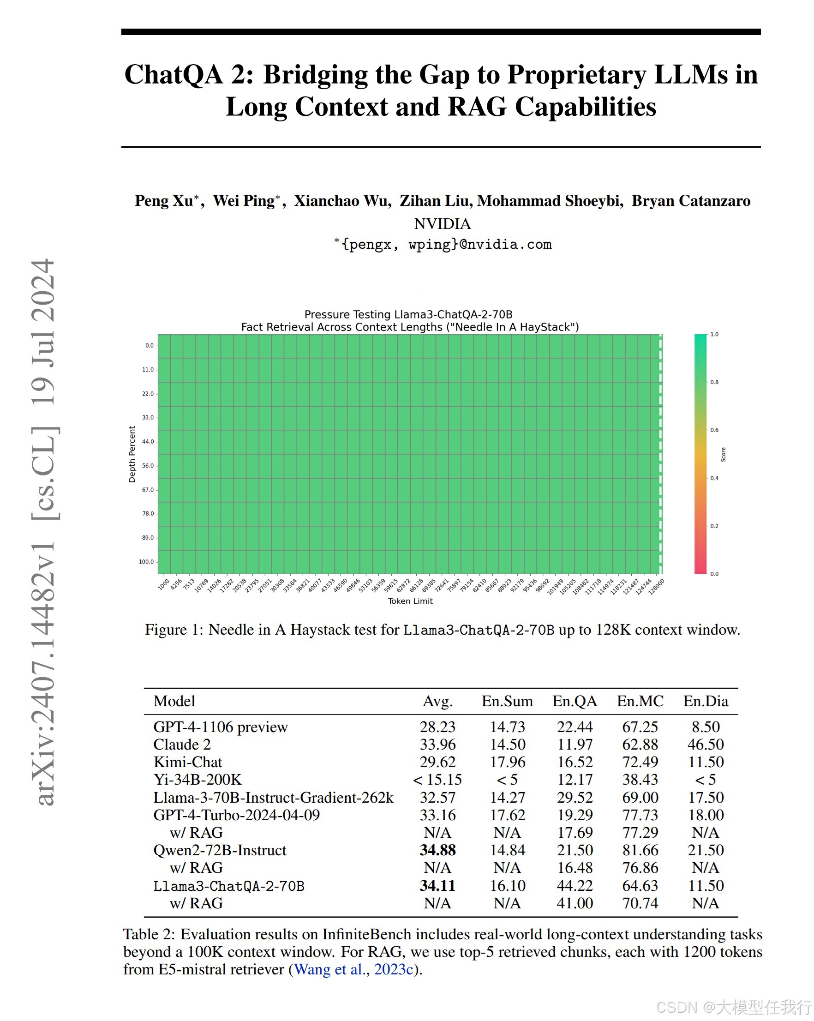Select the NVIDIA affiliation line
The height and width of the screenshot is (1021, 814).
[x=442, y=223]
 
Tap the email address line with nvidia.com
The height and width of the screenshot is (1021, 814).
[x=442, y=244]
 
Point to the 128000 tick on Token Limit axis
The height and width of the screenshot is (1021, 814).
[x=656, y=586]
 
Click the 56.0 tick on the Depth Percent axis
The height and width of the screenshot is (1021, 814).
[x=148, y=466]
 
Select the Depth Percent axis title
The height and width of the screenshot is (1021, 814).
[x=132, y=454]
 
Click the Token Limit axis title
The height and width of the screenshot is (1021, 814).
[x=410, y=601]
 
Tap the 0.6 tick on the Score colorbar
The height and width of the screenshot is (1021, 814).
[x=714, y=430]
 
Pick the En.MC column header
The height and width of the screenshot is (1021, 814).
[x=640, y=701]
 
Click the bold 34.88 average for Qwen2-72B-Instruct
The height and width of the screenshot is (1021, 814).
[x=437, y=850]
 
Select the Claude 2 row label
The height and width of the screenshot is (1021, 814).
[x=182, y=745]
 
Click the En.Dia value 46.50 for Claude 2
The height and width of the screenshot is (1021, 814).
[x=705, y=745]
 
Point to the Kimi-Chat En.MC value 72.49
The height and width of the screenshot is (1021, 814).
[x=640, y=762]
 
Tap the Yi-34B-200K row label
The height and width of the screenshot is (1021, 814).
[x=198, y=780]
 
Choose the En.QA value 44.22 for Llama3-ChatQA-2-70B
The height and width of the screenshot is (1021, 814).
[x=575, y=886]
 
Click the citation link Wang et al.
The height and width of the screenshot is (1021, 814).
[x=330, y=969]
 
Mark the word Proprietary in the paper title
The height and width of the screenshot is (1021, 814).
[x=576, y=75]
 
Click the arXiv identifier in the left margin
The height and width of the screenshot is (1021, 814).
[x=43, y=673]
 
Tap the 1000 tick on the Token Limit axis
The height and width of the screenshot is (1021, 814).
[x=164, y=584]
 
